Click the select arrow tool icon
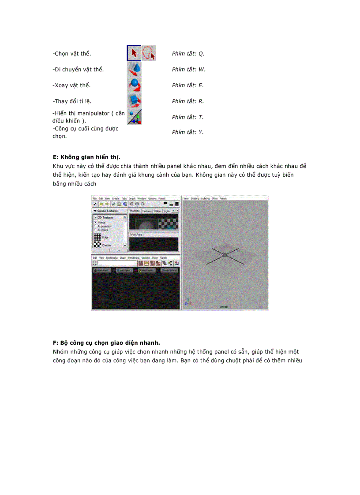134,53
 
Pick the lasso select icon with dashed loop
149,53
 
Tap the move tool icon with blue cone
134,69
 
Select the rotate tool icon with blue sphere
134,85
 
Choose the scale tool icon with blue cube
134,101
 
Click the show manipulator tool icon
134,117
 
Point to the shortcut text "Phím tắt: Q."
188,54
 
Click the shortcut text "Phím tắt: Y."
188,132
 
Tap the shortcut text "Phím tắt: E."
188,86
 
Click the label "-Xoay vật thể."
71,85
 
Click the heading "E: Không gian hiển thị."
86,157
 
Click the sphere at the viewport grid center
225,255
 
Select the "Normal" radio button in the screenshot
95,223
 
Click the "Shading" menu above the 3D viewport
195,199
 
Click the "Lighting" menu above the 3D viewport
205,199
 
